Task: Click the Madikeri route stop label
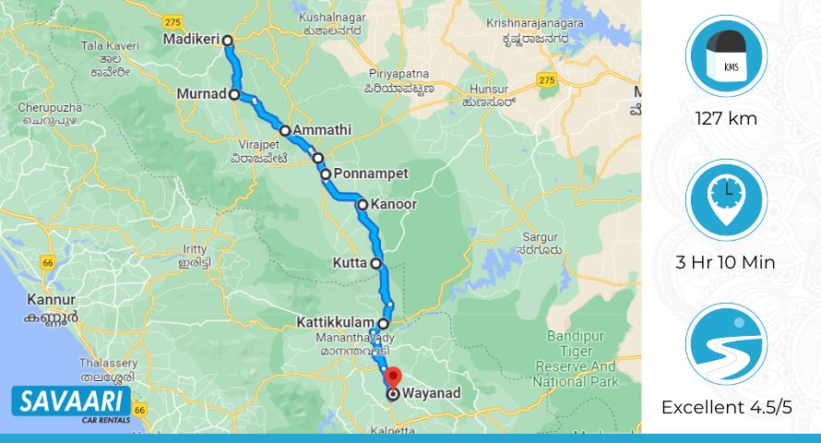[x=191, y=41]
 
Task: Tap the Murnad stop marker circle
[x=234, y=94]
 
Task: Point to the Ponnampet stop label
[x=370, y=173]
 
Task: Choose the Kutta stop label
[x=350, y=263]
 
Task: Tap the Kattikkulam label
[x=336, y=323]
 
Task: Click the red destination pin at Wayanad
[x=393, y=377]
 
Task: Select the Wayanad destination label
[x=430, y=394]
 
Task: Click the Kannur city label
[x=51, y=300]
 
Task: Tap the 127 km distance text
[x=726, y=118]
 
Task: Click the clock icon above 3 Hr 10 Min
[x=726, y=199]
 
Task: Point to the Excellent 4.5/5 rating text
[x=727, y=407]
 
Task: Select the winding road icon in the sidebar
[x=726, y=343]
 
